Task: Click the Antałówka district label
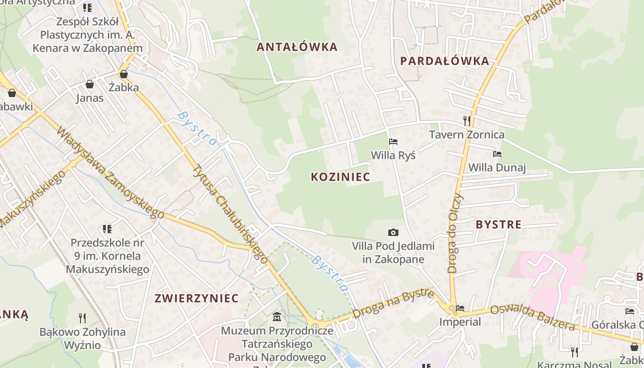297,47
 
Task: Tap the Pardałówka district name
444,61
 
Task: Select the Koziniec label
340,177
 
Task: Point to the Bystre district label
499,225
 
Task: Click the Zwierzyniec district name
196,298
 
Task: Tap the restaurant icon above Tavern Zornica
467,121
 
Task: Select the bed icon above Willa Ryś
393,142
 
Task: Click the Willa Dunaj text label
497,167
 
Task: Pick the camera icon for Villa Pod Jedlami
393,233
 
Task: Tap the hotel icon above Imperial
460,308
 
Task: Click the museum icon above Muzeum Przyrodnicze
277,317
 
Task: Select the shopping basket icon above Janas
90,84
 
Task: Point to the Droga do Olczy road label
455,234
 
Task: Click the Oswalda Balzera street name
532,318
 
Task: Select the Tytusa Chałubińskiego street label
230,214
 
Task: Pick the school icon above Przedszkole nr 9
107,229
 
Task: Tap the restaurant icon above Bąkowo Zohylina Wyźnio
82,317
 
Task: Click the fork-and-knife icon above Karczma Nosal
574,352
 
